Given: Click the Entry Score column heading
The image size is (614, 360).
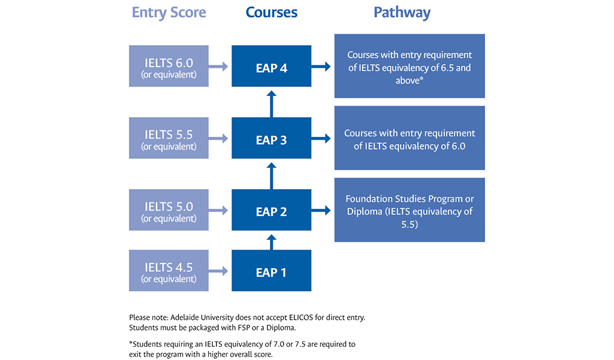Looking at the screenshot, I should coord(168,13).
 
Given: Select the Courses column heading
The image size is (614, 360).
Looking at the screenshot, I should coord(271,13).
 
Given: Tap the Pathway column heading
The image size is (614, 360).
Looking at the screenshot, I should coord(402,13).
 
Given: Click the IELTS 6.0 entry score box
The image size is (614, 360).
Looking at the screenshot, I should coord(168,67).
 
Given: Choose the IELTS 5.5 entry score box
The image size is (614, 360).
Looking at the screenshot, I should coord(168,139).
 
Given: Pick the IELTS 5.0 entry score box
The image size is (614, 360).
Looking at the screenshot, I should coord(168,211).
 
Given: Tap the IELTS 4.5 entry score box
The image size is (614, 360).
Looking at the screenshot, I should coord(168,271).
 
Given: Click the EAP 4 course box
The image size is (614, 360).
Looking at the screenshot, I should coord(271,67).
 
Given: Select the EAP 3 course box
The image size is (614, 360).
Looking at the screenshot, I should coord(271,139).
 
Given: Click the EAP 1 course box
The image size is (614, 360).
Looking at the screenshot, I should coord(271,272).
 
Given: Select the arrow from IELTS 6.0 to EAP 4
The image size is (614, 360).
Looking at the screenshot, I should coord(219,67).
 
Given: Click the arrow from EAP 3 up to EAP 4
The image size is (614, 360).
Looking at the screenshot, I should coord(271,103).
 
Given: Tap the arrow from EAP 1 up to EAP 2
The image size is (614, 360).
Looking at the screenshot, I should coord(271,241).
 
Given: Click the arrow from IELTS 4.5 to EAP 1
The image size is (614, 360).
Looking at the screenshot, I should coord(219,271).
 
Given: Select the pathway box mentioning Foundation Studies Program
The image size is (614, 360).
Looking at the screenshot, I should coord(410,211).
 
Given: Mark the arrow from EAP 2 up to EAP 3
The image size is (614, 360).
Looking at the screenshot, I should coord(271,175).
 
